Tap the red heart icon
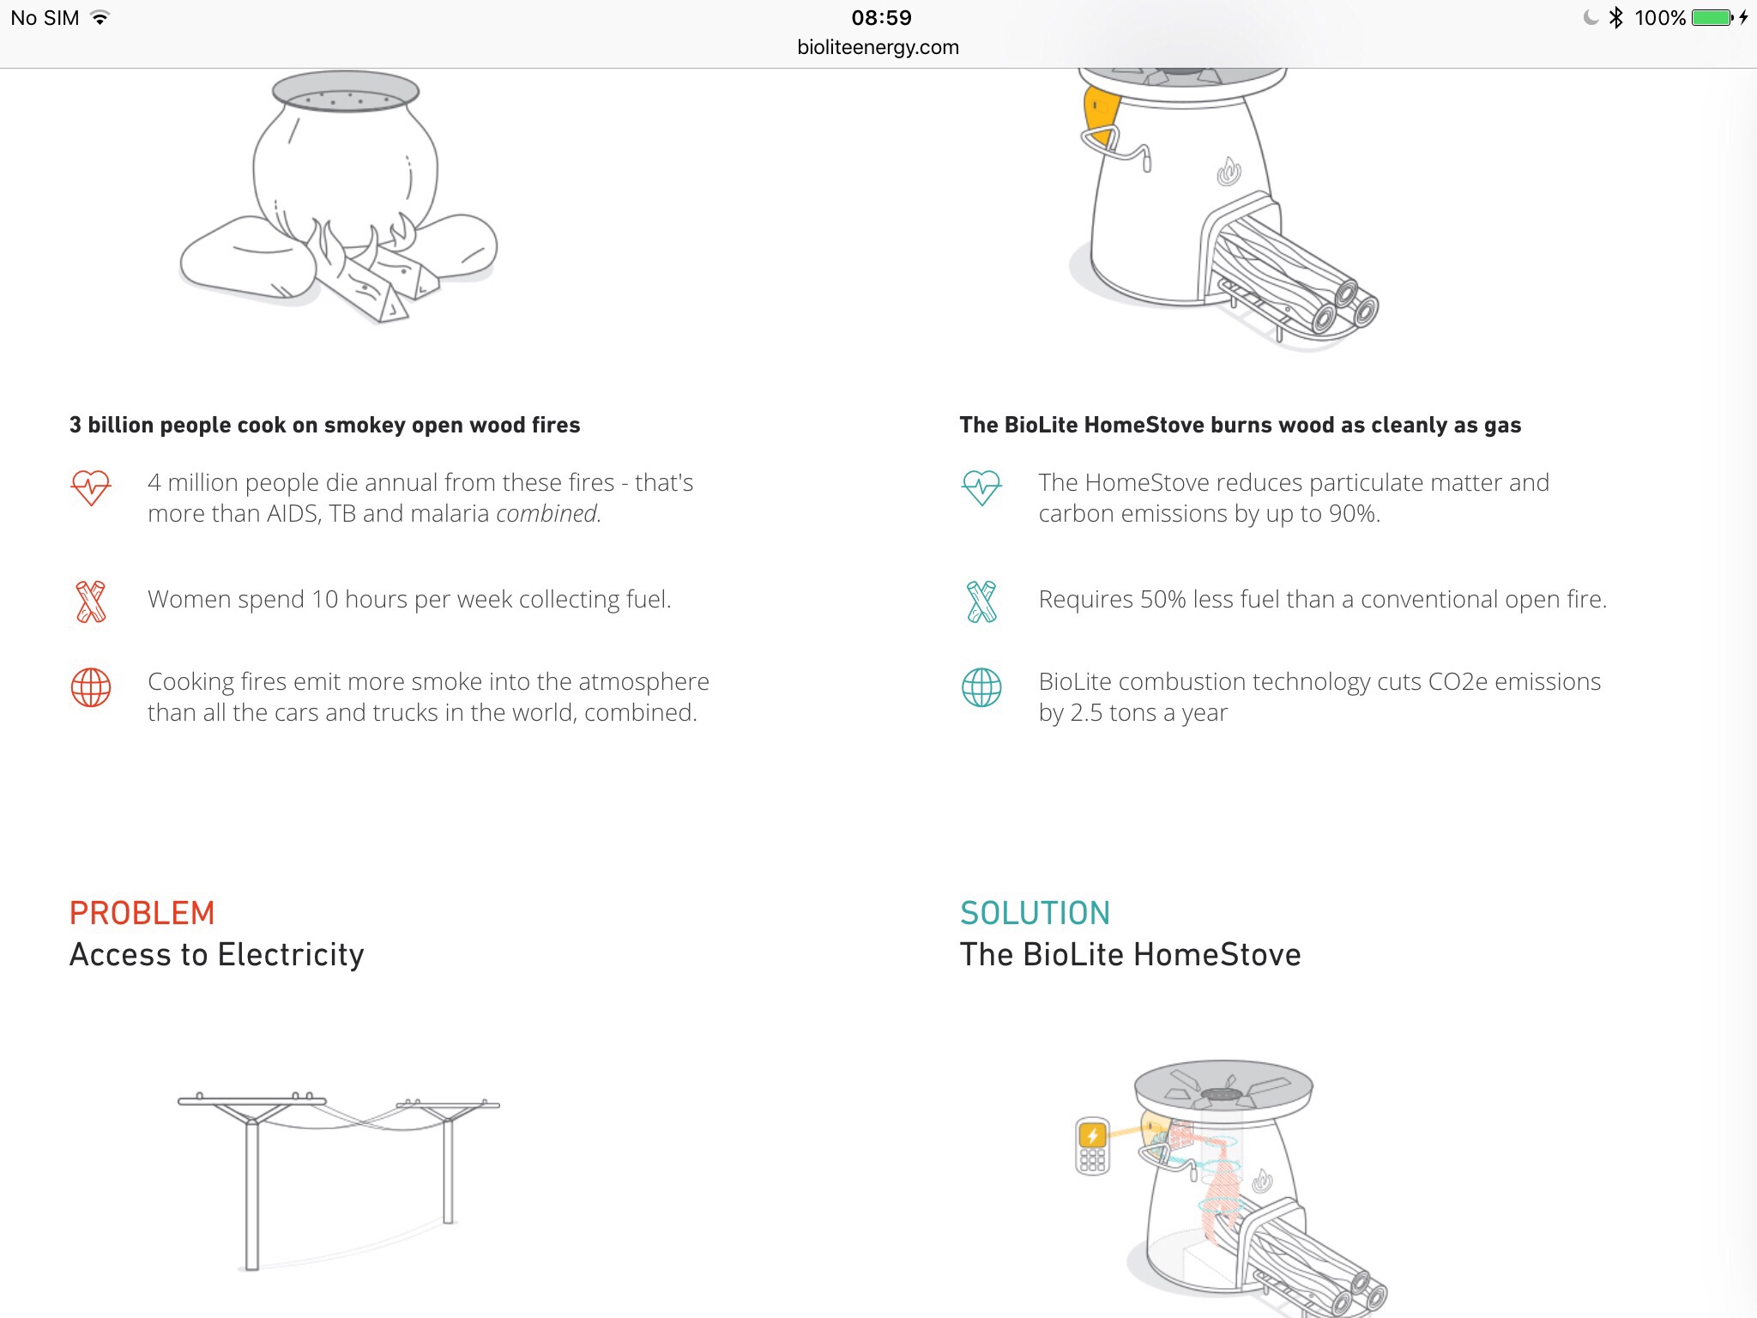90,487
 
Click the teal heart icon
981,487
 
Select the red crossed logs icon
91,602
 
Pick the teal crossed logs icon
981,602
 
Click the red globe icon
91,687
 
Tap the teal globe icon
981,687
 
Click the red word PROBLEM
142,913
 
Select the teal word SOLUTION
1035,913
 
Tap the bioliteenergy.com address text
878,47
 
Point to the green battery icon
1712,17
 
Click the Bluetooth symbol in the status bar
1616,17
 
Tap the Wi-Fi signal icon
100,17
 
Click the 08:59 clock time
881,17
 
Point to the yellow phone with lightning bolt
1092,1146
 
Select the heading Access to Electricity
217,954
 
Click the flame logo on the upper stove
1229,172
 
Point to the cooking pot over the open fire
346,159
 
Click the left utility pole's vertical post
251,1193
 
